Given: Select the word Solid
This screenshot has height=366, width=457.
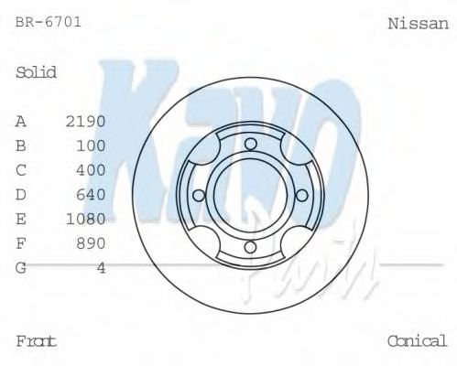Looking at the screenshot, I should point(37,72).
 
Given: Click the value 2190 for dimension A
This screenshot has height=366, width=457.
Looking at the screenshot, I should point(86,121).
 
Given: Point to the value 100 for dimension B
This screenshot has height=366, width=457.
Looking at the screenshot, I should point(91,145).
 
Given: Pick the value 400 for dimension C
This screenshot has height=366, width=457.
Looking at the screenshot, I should point(91,170).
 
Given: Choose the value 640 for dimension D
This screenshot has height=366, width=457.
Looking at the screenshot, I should point(91,194).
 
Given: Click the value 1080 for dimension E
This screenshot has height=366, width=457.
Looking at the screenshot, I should point(86,219).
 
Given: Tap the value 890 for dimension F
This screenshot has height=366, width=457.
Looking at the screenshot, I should point(91,243).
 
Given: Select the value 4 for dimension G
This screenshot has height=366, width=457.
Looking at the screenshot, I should point(101,267).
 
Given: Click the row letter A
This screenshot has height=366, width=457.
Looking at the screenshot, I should point(21,121).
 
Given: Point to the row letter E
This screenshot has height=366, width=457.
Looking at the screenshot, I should point(21,219).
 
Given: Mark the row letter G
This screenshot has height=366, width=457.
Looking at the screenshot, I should point(21,267).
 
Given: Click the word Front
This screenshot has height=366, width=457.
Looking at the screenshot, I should point(37,341).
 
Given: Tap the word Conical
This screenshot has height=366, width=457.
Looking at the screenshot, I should point(417,341).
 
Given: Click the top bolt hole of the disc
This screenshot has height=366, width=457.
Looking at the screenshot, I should point(250,143).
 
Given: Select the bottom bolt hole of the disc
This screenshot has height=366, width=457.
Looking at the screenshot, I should point(250,247).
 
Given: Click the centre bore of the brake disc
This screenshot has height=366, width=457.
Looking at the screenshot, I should point(250,195).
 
